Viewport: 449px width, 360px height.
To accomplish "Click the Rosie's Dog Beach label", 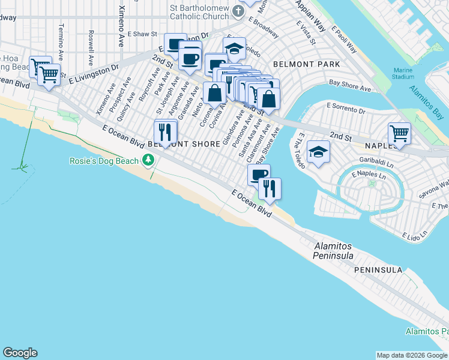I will pos(103,161).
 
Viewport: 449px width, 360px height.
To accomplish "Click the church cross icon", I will pos(238,11).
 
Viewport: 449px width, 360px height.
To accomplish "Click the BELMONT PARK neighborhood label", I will pos(306,64).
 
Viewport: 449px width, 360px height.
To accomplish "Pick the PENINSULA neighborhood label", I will pos(378,270).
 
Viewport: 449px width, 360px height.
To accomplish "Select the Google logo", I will pos(20,353).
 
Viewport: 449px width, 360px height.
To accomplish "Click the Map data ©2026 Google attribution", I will pos(412,355).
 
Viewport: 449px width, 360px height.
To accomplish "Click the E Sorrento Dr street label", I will pos(346,108).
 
